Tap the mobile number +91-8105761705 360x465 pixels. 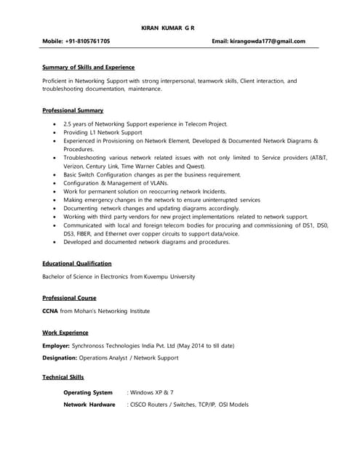90,42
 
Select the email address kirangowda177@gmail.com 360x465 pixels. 268,42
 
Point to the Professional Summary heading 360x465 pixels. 73,110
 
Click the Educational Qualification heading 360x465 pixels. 77,263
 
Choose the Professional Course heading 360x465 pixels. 69,298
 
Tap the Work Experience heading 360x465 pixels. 65,333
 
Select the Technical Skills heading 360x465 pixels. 63,377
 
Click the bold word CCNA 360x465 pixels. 50,311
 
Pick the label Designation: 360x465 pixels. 62,358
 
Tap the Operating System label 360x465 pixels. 88,392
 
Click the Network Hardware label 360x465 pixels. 89,405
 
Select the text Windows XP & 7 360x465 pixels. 152,392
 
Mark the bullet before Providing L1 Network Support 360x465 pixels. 56,133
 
